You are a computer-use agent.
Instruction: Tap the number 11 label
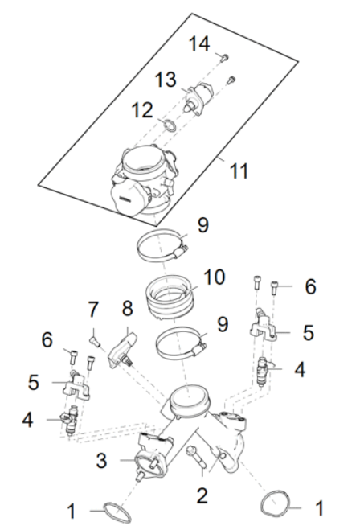point(239,171)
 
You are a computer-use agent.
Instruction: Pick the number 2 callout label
point(203,495)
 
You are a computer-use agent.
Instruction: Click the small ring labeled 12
point(169,125)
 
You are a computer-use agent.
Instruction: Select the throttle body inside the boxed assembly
point(145,179)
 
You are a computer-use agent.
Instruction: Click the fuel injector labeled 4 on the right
point(263,372)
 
